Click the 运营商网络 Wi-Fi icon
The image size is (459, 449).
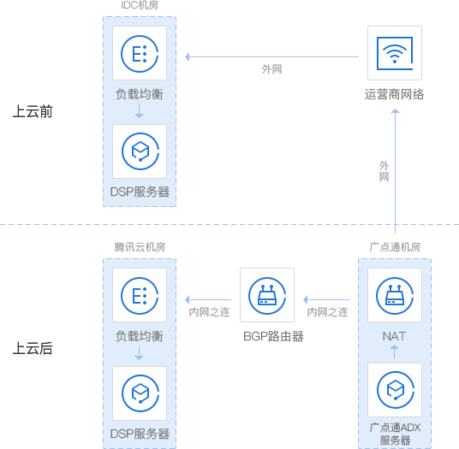point(395,53)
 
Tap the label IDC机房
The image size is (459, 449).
point(140,5)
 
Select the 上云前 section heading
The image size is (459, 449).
point(33,111)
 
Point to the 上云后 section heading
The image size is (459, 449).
point(33,348)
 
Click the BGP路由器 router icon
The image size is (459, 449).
point(267,296)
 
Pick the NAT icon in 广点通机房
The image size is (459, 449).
point(395,296)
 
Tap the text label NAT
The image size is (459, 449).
point(394,336)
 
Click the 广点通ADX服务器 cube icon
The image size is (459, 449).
point(395,390)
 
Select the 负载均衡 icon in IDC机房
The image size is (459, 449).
point(140,54)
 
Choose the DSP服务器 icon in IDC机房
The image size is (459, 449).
point(140,151)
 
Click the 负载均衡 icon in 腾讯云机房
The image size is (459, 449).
point(140,296)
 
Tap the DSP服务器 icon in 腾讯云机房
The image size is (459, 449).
point(140,393)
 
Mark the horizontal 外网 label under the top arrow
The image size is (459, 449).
point(271,69)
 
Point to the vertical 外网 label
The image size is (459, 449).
point(384,171)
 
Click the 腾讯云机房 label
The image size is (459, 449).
point(140,247)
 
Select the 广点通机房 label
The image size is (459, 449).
point(395,247)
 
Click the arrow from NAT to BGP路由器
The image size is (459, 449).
point(326,299)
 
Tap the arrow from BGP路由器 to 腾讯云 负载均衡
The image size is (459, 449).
point(208,299)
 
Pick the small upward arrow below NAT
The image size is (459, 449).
point(394,352)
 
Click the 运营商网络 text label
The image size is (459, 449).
point(394,94)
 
